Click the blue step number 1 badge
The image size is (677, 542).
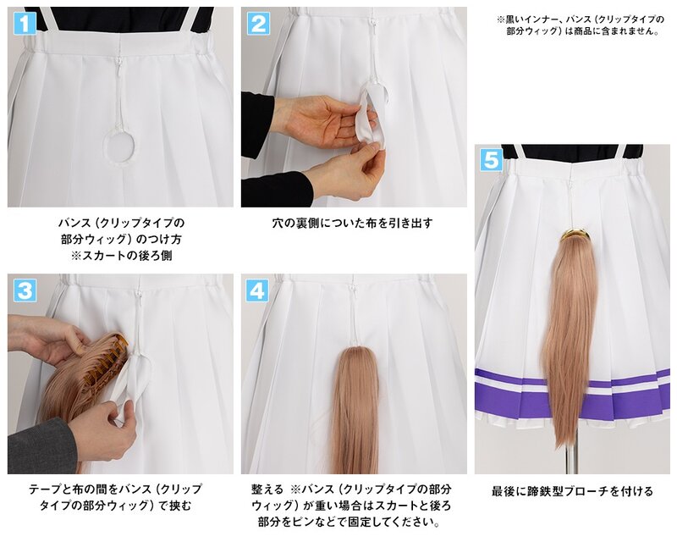[x=25, y=23]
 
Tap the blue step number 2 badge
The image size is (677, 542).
[x=258, y=23]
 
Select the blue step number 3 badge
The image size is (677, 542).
[x=25, y=290]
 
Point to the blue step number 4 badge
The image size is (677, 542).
[x=257, y=290]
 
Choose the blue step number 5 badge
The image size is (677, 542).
[x=492, y=160]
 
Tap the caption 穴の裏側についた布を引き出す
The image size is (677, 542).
[x=352, y=223]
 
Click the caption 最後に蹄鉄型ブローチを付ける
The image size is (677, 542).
[x=572, y=491]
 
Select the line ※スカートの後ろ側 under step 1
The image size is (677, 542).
[x=121, y=256]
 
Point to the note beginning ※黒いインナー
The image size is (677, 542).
[x=581, y=25]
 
